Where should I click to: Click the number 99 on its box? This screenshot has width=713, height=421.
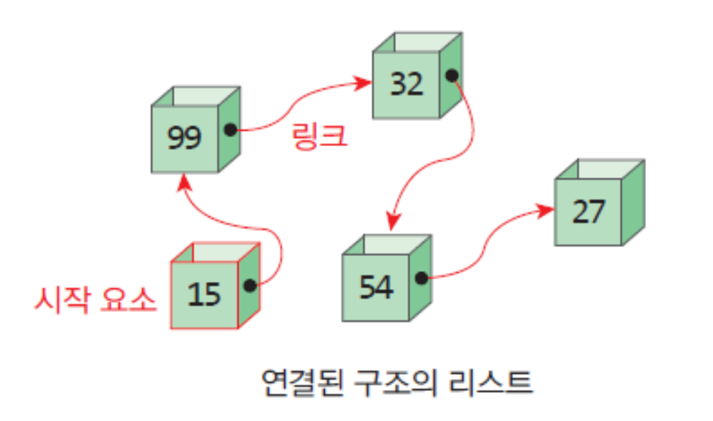point(184,138)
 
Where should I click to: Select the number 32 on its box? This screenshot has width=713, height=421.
point(407,84)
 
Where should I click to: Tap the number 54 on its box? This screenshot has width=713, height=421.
point(376,287)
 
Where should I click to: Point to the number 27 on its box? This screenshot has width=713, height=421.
point(588,212)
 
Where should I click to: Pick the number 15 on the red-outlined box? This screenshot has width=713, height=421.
point(204,294)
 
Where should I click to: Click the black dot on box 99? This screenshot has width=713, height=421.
point(231,130)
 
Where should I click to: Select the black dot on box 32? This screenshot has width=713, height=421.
point(452,75)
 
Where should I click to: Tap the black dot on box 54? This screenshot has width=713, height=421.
point(421,278)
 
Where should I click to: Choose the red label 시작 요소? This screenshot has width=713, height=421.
point(95,300)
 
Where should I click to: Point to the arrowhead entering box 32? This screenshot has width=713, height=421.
point(364,83)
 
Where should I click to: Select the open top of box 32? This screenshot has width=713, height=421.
point(418,42)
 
